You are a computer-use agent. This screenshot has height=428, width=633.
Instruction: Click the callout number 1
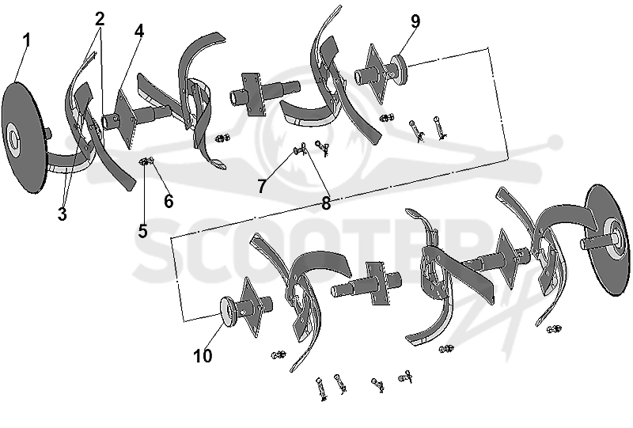27,41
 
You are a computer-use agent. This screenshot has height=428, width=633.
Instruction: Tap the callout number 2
100,18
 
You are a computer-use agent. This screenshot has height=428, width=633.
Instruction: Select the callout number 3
62,214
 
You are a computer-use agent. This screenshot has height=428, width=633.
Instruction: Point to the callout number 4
139,31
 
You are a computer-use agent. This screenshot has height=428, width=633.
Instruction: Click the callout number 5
143,231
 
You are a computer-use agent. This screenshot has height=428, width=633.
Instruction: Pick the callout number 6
169,201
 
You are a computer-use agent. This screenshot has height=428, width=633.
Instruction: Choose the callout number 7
262,186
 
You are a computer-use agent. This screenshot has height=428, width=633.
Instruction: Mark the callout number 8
326,203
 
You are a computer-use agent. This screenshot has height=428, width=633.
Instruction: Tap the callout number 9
415,21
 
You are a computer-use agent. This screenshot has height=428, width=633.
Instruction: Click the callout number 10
203,356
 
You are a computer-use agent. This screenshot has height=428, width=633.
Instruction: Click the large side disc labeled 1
22,138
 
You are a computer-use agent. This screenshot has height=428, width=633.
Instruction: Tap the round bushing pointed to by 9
398,70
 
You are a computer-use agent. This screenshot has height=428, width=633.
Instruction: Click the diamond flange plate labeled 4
124,116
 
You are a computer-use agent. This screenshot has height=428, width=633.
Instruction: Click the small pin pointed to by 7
300,150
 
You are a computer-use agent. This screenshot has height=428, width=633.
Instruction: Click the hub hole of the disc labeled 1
13,139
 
